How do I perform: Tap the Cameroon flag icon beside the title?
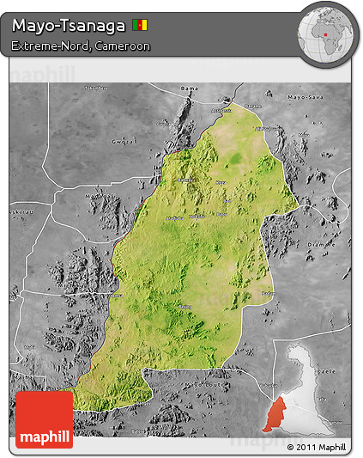[140, 26]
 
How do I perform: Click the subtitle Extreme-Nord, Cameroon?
[82, 46]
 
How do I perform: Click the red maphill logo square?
[44, 418]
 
